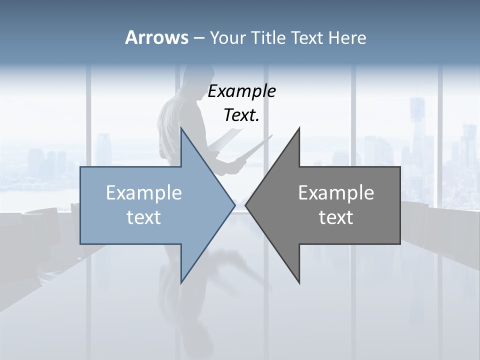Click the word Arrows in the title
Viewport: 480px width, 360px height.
tap(156, 37)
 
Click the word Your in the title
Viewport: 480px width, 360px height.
tap(227, 37)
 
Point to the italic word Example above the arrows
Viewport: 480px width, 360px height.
tap(241, 91)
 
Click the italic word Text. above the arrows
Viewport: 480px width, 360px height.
tap(241, 115)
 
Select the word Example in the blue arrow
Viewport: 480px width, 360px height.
tap(143, 192)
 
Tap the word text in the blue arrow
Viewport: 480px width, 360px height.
tap(143, 217)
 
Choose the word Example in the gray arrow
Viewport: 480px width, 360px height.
tap(336, 192)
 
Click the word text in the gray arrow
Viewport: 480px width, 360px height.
tap(336, 217)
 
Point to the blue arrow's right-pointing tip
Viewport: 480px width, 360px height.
tap(234, 205)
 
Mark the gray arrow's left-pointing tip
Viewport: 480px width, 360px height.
tap(246, 205)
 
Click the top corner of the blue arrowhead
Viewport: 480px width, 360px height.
tap(181, 128)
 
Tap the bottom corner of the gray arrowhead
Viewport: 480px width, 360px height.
tap(299, 282)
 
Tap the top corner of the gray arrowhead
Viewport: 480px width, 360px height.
tap(299, 128)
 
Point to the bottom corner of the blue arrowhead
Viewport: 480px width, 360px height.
tap(181, 282)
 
